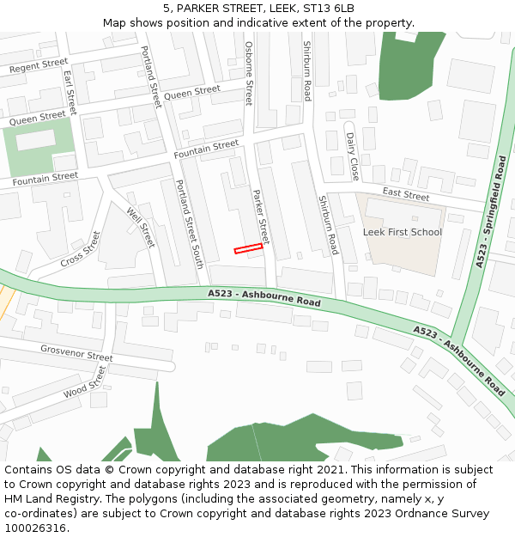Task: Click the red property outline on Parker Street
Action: (x=248, y=248)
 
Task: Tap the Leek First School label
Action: (x=402, y=232)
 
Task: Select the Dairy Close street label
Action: (x=352, y=156)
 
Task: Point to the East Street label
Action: (x=406, y=195)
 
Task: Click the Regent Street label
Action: (x=39, y=65)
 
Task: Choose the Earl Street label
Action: (x=70, y=92)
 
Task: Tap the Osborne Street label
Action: (x=249, y=74)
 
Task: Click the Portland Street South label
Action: (x=189, y=223)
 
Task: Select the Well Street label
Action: (x=140, y=228)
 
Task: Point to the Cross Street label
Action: (x=81, y=247)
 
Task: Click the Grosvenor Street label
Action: (x=76, y=352)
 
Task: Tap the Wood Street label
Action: (x=85, y=383)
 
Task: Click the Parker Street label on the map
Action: (x=260, y=217)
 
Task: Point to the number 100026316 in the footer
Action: (x=33, y=528)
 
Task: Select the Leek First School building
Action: (x=403, y=249)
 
